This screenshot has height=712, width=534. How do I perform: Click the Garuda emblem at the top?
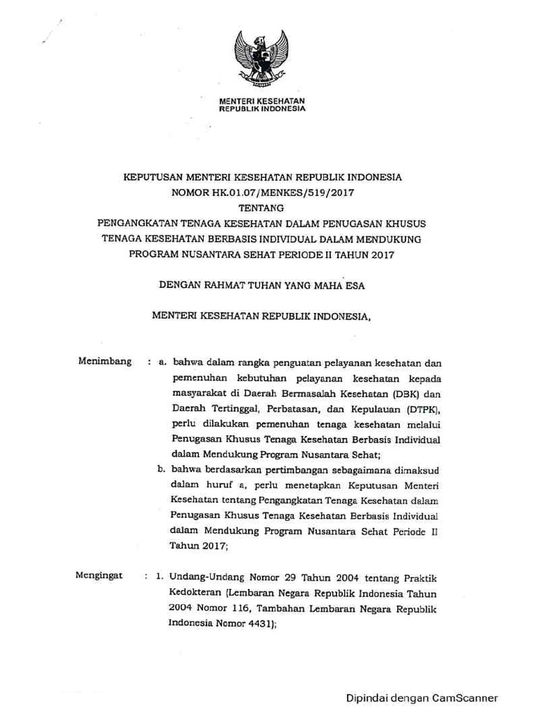(x=261, y=58)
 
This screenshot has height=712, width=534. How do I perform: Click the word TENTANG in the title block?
(x=262, y=207)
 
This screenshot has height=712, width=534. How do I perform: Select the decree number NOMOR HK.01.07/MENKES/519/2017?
(x=262, y=192)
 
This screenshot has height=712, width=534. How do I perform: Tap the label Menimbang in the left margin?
(x=105, y=362)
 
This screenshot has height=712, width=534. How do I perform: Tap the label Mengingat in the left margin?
(x=99, y=576)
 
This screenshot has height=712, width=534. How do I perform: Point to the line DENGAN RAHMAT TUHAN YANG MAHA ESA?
(x=262, y=285)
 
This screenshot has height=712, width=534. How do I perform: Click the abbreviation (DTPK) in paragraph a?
(x=419, y=409)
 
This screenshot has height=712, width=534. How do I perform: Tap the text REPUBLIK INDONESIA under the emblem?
(x=262, y=109)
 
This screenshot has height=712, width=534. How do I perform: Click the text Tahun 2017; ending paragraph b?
(x=199, y=546)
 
